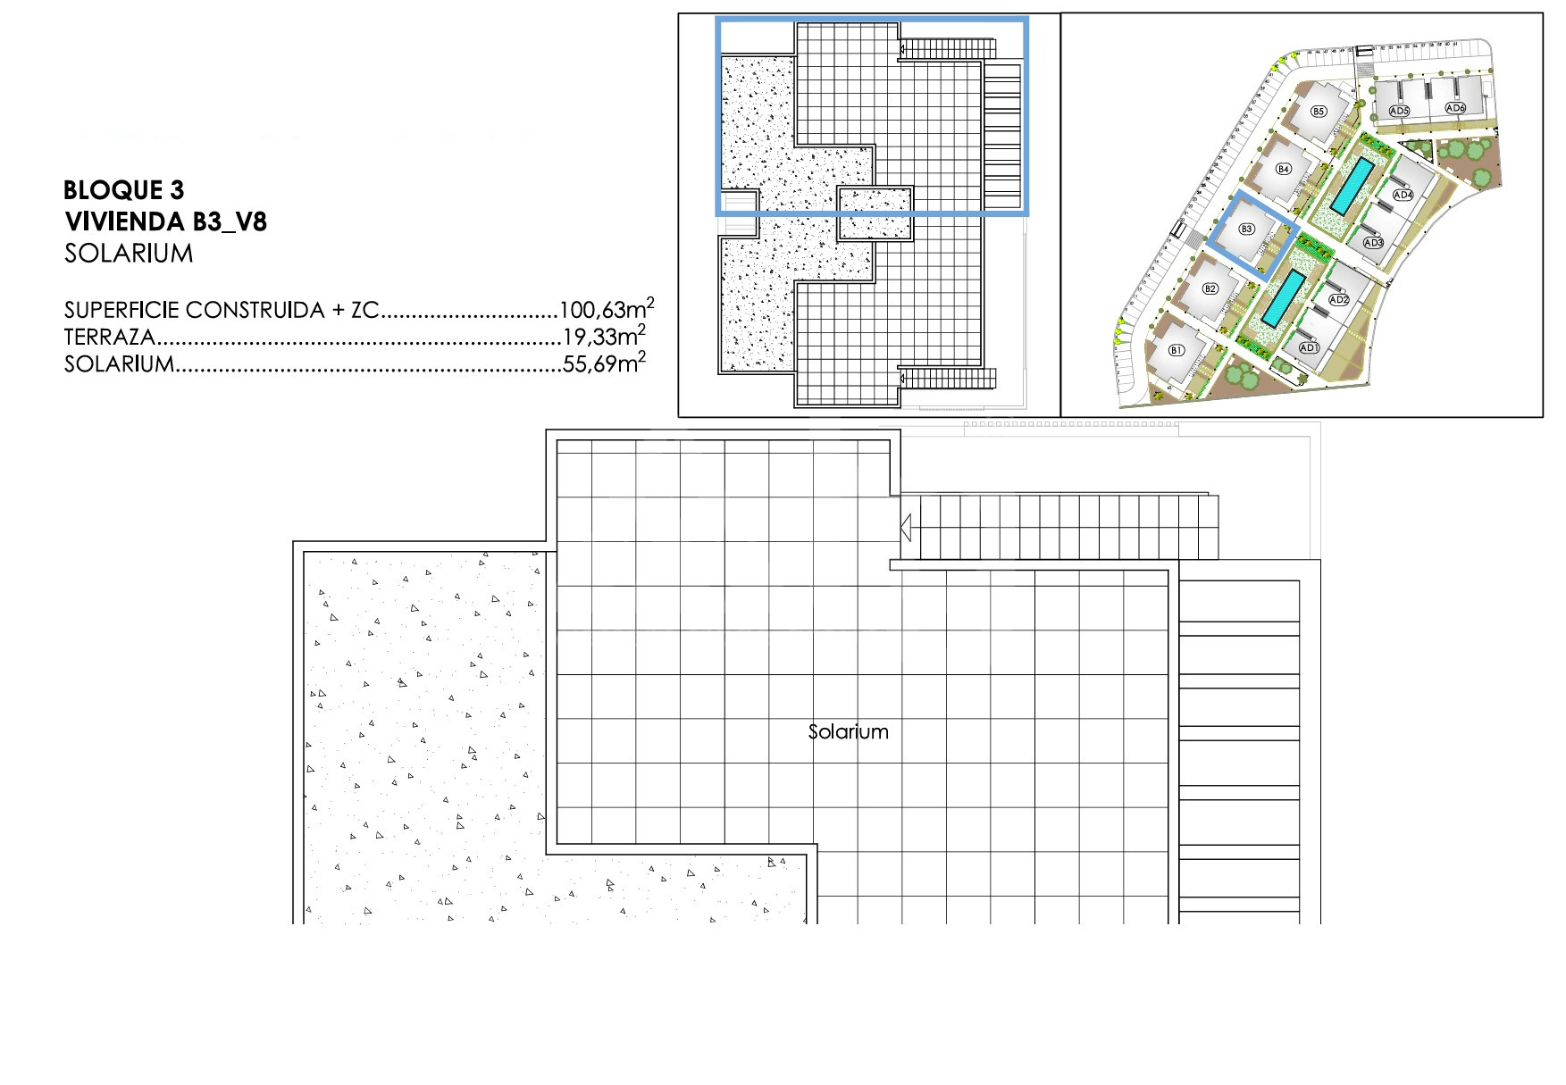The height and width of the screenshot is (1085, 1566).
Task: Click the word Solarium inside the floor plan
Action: pos(848,731)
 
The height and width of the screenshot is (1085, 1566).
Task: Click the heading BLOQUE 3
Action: pos(124,189)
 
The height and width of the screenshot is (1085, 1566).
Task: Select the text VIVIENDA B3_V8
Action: pos(166,221)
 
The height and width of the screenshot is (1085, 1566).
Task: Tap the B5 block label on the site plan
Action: pos(1318,112)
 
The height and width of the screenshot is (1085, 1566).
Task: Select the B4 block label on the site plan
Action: pos(1284,169)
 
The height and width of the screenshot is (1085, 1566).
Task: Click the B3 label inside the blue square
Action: pos(1247,229)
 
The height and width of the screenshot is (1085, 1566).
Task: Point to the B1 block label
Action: pos(1176,350)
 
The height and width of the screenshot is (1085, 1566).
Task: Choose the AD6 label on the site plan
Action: pos(1455,109)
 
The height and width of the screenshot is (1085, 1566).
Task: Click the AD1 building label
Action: pos(1310,347)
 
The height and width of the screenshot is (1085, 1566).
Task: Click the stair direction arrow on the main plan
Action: pos(905,528)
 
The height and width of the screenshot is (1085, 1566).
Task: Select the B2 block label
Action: pos(1210,288)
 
